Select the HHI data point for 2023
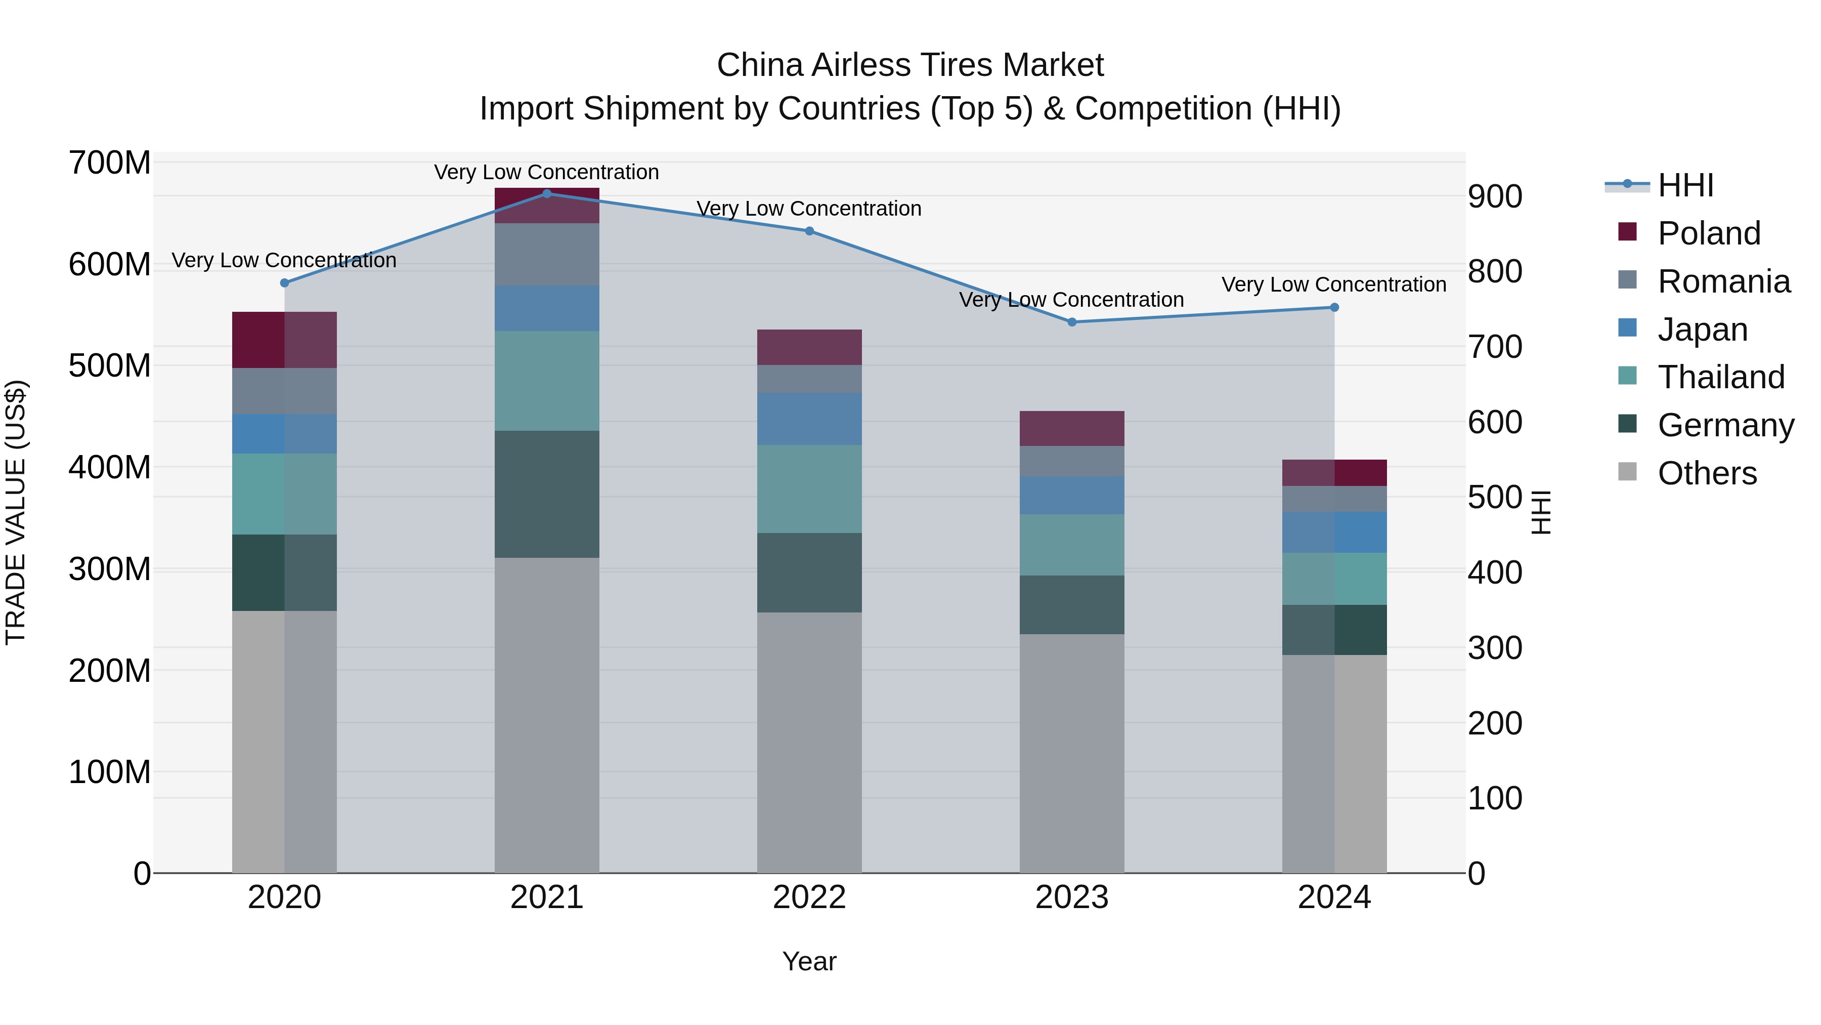tap(1072, 322)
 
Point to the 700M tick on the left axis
tap(110, 163)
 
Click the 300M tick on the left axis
tap(110, 569)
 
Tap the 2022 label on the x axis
tap(809, 897)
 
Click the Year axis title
tap(809, 961)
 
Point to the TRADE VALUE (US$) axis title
tap(16, 512)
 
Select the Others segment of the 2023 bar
tap(1072, 753)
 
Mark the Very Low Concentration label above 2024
tap(1333, 284)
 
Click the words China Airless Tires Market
tap(910, 65)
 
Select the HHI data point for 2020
tap(284, 283)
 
